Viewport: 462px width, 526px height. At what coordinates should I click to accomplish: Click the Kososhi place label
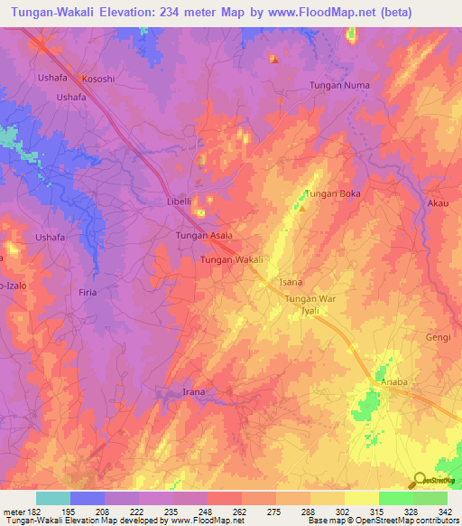point(98,79)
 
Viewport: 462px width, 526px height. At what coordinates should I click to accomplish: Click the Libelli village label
point(179,201)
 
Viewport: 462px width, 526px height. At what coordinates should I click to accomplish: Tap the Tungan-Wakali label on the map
point(232,260)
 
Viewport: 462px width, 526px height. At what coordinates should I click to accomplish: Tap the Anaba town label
point(394,382)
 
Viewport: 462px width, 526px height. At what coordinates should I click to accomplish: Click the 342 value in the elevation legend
point(445,510)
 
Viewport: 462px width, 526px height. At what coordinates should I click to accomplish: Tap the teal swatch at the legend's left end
point(53,497)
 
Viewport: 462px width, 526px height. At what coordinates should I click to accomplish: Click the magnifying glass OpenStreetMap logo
point(420,480)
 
